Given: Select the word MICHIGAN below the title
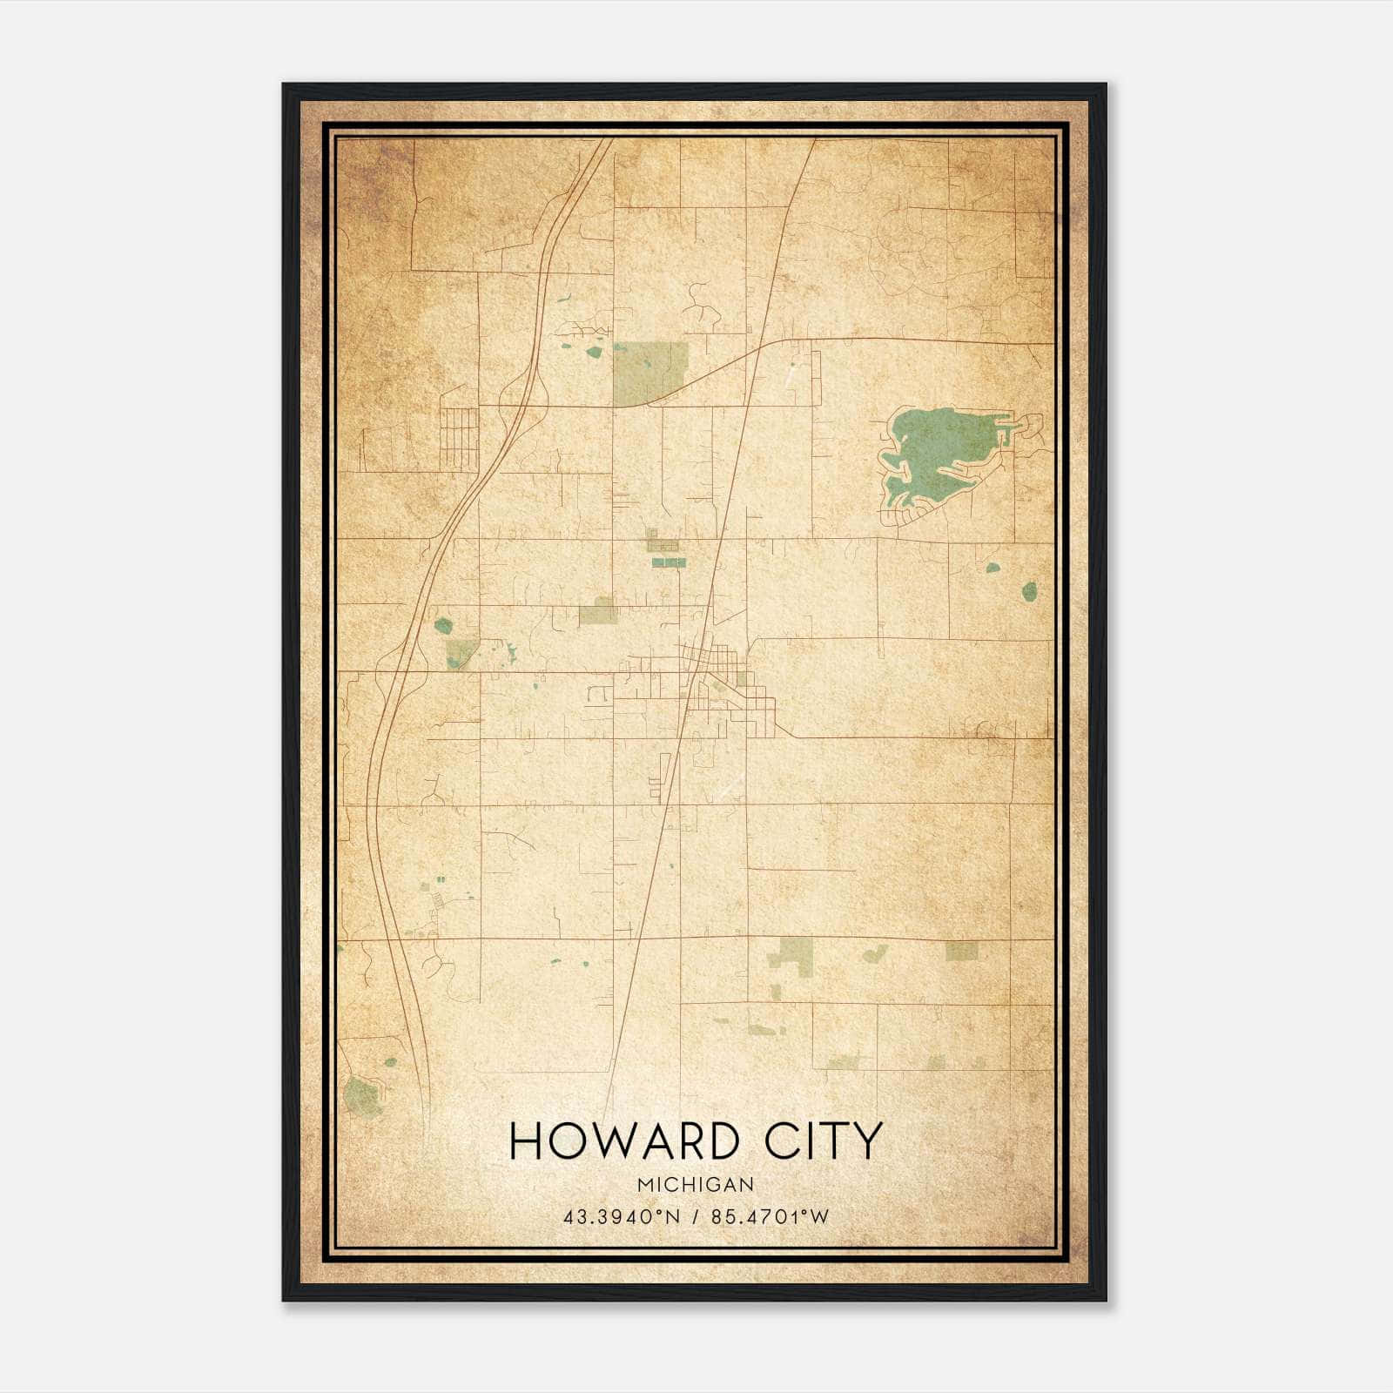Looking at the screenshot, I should point(696,1184).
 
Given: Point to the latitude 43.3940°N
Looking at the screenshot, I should point(620,1216).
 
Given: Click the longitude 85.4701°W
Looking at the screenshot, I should point(771,1216).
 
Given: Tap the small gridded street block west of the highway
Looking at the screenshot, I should point(458,437).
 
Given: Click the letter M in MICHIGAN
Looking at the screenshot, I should point(644,1184).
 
